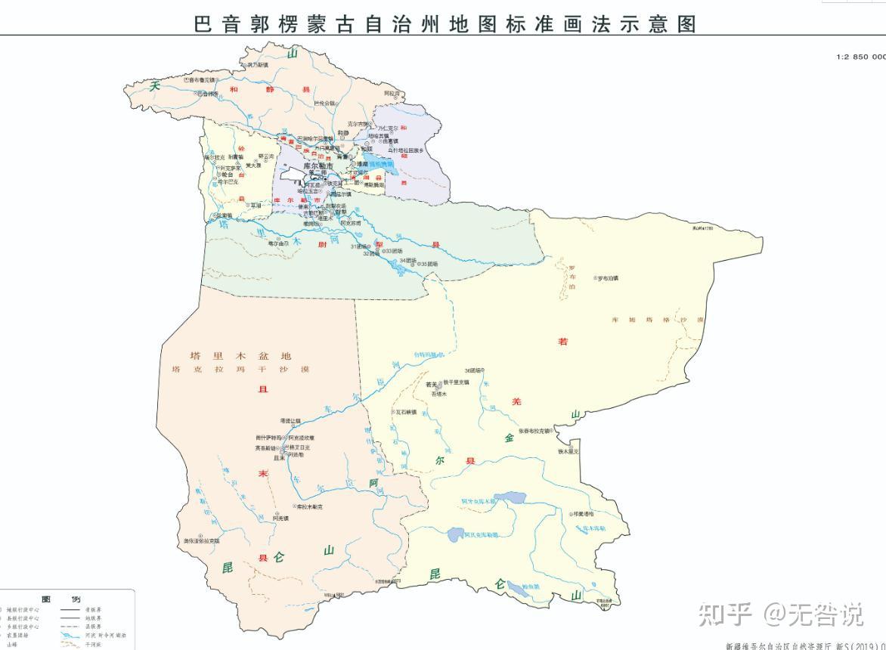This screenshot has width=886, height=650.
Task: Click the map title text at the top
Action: pos(445,23)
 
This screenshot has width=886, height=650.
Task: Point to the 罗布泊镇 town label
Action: pos(609,278)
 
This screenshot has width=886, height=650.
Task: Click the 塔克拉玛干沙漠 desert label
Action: pos(241,370)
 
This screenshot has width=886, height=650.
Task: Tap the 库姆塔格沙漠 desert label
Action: pos(658,320)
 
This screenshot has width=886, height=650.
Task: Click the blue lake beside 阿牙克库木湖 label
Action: pos(511,499)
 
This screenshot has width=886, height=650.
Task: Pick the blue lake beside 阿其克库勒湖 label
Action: pos(456,535)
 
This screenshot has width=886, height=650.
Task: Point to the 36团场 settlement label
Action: pos(474,370)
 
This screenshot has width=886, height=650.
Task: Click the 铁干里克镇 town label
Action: pos(457,382)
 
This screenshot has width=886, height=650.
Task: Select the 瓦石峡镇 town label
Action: pos(404,413)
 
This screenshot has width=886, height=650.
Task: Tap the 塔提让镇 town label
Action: pos(290,420)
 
